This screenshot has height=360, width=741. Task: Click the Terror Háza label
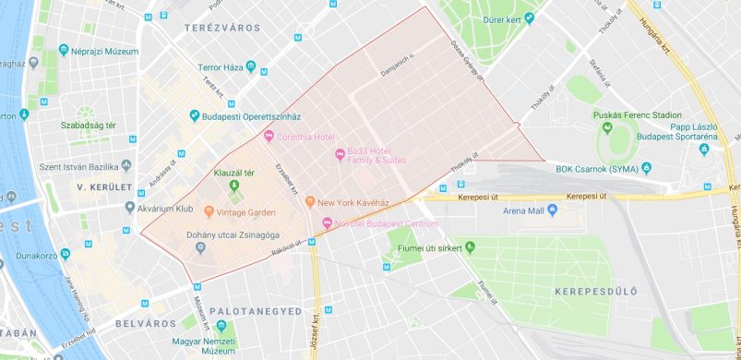click(x=222, y=69)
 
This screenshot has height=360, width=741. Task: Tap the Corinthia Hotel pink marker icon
click(x=269, y=138)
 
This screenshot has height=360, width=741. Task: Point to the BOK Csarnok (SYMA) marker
click(x=646, y=167)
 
